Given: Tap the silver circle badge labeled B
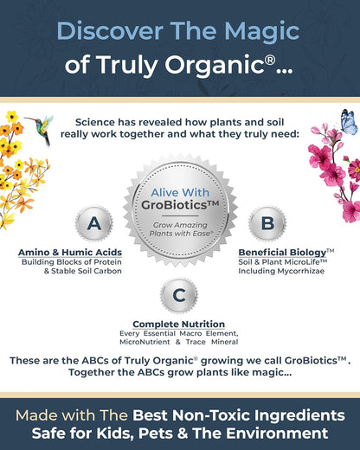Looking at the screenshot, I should click(267, 224).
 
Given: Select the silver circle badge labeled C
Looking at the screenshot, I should click(178, 295).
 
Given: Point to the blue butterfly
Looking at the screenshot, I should click(349, 122).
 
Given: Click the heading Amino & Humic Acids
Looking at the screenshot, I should click(70, 252).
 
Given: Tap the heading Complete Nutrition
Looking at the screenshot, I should click(178, 324).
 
